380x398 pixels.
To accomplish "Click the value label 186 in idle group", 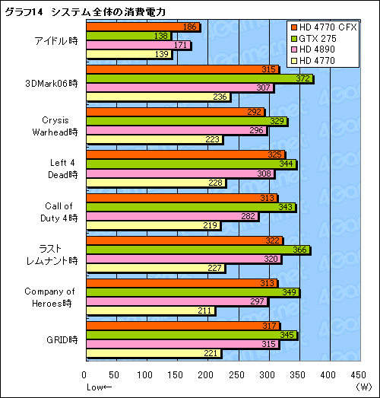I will point(192,27).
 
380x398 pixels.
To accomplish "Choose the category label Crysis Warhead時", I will point(61,125).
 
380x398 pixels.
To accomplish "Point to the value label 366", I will point(299,250).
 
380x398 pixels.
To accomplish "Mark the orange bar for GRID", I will point(163,326).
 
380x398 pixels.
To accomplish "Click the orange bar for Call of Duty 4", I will point(162,199).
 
